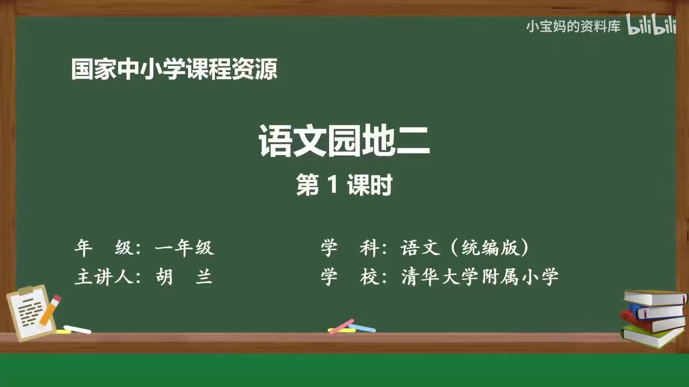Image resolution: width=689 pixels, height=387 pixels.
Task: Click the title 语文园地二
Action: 344,141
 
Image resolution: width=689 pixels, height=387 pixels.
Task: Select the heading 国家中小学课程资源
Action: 174,70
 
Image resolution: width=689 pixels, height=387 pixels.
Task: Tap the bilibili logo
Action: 651,25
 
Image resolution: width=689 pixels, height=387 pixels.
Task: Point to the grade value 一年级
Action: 184,248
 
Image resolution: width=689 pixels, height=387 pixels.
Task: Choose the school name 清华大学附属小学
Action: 480,277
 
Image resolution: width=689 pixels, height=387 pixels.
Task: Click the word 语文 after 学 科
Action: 421,248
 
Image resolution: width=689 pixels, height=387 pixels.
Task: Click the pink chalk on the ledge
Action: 341,326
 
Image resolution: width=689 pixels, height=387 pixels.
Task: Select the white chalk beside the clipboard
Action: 77,329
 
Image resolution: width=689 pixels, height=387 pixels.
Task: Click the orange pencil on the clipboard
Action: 50,310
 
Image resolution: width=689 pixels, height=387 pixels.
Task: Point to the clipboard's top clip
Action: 25,290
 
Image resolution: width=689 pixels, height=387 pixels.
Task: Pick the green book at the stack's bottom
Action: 651,336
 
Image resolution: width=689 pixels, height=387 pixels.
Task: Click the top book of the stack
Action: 654,297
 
